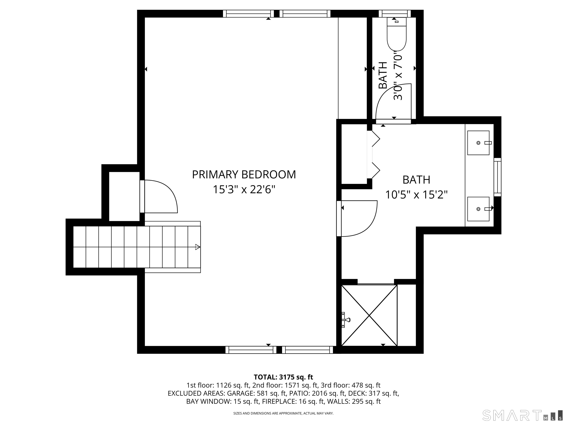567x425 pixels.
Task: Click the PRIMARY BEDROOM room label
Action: [244, 175]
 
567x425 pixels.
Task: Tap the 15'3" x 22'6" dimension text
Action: [244, 190]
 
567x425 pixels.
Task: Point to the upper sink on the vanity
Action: [478, 143]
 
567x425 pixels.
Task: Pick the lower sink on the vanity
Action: [478, 209]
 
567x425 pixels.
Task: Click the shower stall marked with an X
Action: [369, 315]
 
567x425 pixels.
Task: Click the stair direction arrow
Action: [197, 247]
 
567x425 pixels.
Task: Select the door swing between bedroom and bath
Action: [359, 218]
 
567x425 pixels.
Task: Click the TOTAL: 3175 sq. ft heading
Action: [283, 377]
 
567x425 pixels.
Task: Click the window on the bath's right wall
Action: [497, 177]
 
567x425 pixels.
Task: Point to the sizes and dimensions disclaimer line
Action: [283, 413]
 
